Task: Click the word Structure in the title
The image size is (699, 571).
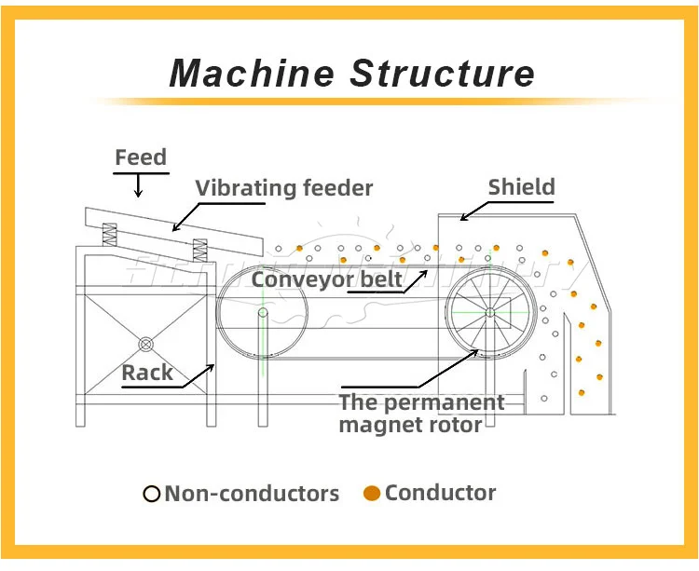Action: click(442, 73)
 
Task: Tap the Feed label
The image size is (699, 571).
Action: click(141, 157)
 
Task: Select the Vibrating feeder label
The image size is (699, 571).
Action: click(283, 188)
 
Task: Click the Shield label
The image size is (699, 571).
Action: click(521, 187)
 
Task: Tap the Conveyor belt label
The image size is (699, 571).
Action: click(326, 279)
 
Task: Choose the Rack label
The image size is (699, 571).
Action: click(147, 373)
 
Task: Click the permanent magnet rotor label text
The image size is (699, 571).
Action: click(421, 414)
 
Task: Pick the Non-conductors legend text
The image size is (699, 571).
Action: click(252, 494)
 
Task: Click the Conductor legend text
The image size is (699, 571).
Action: click(440, 493)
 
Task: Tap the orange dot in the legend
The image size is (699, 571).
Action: click(372, 494)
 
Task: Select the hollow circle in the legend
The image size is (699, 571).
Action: click(152, 494)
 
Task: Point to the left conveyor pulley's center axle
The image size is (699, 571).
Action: click(263, 313)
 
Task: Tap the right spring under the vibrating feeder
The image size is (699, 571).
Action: click(199, 249)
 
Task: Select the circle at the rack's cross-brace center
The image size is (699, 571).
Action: click(145, 345)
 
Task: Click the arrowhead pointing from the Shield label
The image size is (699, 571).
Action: click(462, 218)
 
